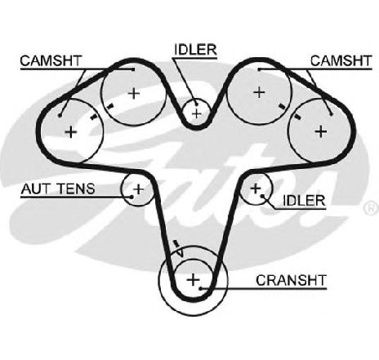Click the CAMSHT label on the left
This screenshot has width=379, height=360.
pos(51,60)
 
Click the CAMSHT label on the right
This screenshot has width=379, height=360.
pos(341,60)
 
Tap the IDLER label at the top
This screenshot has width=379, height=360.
pos(195,50)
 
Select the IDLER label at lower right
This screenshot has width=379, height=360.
pos(304,201)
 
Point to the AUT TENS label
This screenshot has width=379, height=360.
pos(58,189)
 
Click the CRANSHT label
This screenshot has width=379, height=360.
pos(291,281)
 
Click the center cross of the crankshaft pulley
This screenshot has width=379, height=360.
pos(194,280)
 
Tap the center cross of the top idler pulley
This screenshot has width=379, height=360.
pos(196,113)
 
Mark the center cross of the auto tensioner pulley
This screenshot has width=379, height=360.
pos(138,189)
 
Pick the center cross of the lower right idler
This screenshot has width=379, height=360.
pos(256,189)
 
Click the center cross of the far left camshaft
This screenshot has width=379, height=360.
pos(71,132)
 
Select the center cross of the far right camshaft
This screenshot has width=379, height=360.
pos(321,131)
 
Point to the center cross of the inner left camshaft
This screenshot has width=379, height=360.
pos(134,94)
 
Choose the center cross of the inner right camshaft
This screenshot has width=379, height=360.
pos(259,92)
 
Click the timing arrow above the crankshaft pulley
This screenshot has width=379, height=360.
pos(178,248)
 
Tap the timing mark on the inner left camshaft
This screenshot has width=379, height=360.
pos(109,106)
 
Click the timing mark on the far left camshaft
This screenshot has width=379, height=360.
pos(93,117)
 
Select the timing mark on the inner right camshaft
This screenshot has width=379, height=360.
pos(282,106)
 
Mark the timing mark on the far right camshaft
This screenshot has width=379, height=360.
pos(297,117)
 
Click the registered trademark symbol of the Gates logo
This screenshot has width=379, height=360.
pos(372,208)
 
